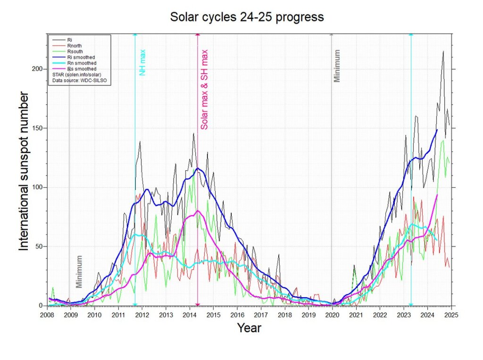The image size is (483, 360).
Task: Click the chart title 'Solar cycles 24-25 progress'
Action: coord(247,17)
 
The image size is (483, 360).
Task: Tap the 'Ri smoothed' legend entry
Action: coord(81,57)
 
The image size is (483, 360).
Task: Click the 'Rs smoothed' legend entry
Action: coord(81,69)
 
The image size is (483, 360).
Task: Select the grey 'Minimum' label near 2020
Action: coord(337,66)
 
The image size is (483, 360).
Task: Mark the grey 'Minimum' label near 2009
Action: coord(79,271)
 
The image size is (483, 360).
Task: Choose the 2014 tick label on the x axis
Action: coord(190,315)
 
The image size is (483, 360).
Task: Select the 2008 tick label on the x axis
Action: coord(47,315)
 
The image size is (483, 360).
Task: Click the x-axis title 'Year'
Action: coord(249,328)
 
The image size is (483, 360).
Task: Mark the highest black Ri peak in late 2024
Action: coord(443,51)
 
